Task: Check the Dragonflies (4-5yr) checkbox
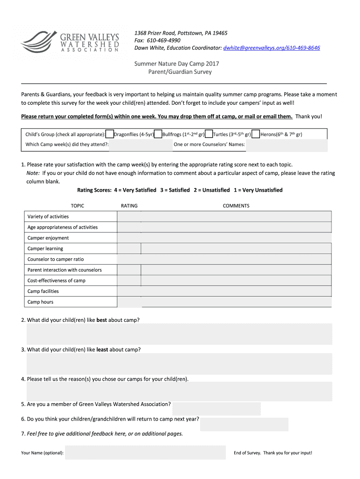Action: [110, 135]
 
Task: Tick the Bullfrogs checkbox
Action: [158, 135]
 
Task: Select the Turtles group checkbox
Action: [209, 135]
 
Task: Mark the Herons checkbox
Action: [256, 135]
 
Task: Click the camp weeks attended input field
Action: [141, 145]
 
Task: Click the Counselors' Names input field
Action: [287, 145]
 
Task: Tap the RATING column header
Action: [129, 206]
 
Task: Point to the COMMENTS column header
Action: [236, 206]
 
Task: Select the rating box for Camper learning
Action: [129, 249]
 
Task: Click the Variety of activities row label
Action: [48, 217]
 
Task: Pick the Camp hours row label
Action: [41, 302]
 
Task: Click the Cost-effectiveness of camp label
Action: [57, 281]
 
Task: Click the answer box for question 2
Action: [179, 334]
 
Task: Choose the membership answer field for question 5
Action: [216, 408]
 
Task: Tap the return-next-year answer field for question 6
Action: [244, 424]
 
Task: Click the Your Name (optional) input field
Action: [145, 453]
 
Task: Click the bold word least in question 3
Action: [102, 349]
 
